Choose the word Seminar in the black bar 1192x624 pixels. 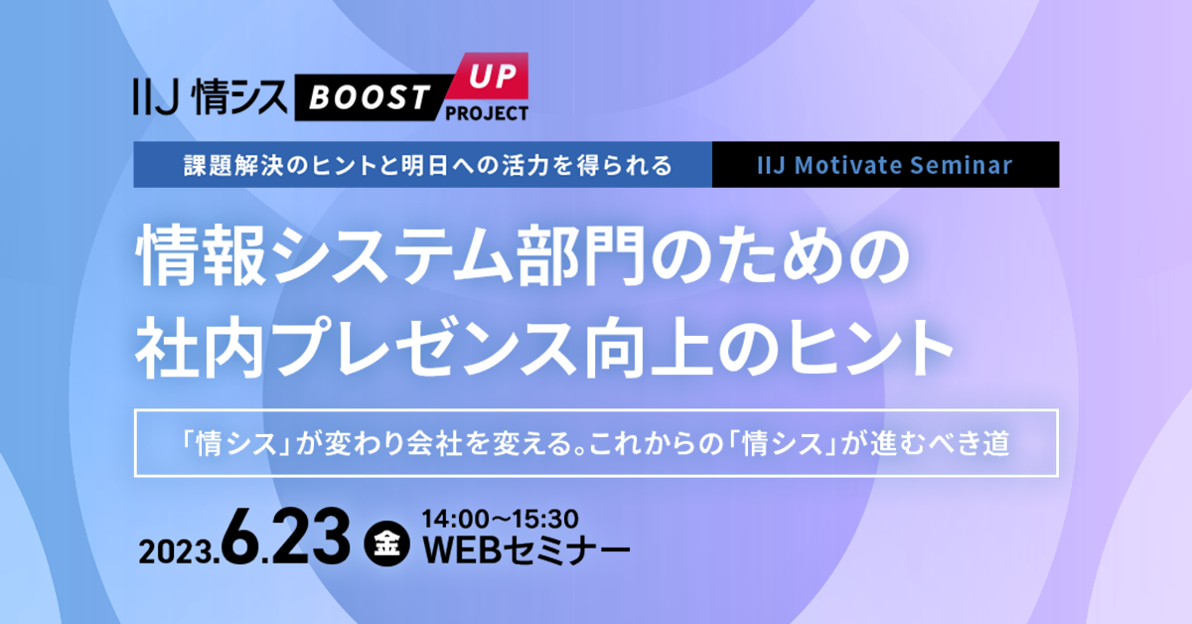coord(972,165)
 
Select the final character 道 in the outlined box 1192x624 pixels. coord(995,444)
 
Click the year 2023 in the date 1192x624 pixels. coord(181,549)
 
